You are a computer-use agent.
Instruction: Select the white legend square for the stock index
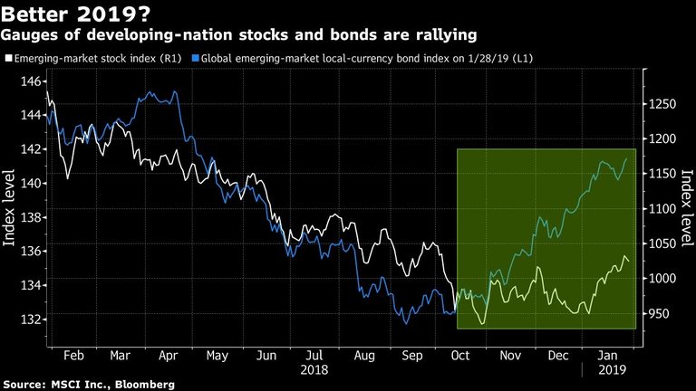tap(7, 59)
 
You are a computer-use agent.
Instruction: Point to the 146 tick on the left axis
tap(31, 81)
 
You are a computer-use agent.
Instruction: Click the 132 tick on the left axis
tap(31, 319)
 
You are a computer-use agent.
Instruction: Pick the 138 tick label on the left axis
tap(31, 217)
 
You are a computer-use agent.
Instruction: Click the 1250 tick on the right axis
tap(662, 105)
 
